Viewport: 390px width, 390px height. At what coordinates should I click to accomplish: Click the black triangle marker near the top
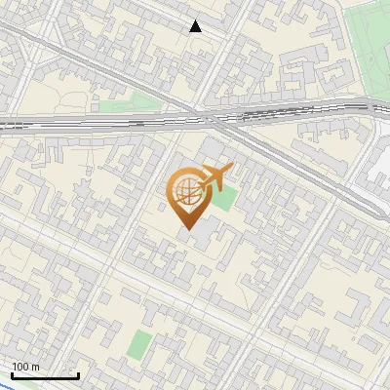click(196, 26)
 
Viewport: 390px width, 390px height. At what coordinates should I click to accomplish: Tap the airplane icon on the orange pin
click(214, 177)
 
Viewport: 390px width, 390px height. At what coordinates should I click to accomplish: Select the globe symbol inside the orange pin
click(185, 192)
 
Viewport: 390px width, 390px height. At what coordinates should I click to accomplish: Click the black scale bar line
click(45, 375)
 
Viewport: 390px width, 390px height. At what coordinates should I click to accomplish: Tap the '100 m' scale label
click(26, 367)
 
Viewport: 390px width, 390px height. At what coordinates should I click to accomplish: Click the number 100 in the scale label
click(21, 367)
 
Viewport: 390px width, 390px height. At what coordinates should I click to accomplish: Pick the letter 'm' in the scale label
click(35, 367)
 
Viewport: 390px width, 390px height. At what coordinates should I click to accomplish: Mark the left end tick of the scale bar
click(12, 373)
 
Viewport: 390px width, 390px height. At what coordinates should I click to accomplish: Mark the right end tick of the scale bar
click(78, 373)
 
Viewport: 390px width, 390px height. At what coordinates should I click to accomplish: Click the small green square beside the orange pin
click(225, 199)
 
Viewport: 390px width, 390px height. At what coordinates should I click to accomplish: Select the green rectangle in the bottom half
click(140, 343)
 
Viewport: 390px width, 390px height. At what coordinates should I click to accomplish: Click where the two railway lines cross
click(220, 120)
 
